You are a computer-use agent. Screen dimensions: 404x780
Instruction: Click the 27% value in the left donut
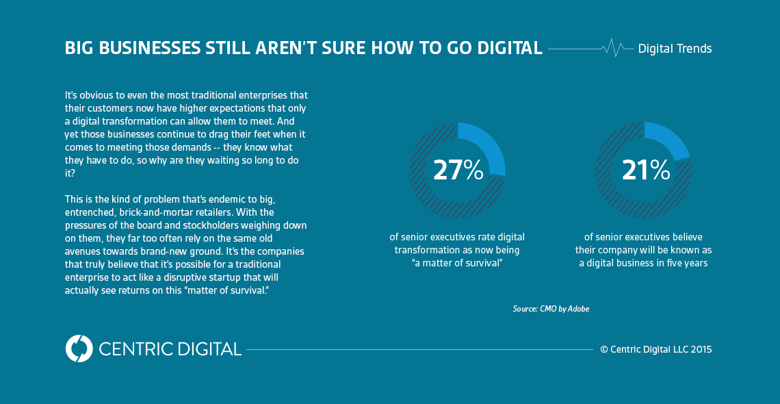tap(458, 170)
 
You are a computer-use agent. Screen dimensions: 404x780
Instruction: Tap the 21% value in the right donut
tap(645, 170)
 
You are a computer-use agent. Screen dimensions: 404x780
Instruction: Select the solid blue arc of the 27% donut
tap(489, 144)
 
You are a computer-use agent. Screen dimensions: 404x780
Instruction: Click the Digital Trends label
tap(675, 49)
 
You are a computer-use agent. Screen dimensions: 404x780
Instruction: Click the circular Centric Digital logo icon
tap(79, 349)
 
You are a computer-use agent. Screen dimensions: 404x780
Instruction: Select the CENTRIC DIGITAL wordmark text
tap(170, 349)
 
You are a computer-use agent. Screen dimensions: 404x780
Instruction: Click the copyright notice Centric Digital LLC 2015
tap(655, 349)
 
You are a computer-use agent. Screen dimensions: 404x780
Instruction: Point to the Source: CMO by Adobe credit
tap(551, 309)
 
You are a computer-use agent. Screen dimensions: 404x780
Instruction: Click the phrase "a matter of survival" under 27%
tap(457, 263)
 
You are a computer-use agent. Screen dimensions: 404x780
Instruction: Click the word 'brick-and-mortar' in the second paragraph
tap(155, 211)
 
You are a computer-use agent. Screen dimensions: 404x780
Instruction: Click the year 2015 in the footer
tap(701, 349)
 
